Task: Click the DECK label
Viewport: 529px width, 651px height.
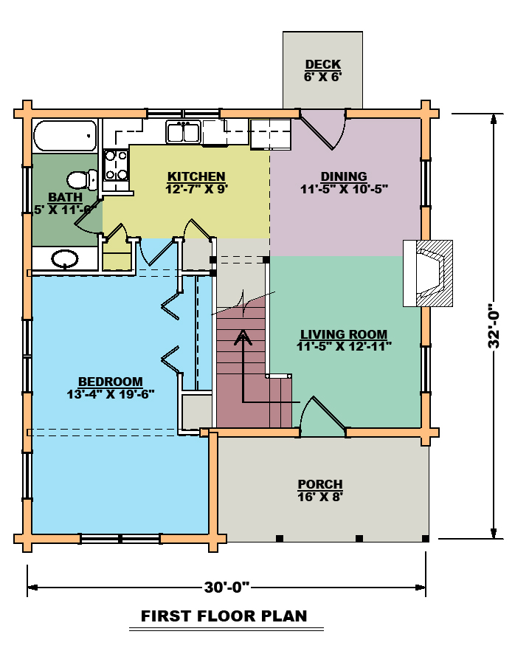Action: point(323,64)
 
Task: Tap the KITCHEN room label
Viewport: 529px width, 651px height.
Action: point(196,176)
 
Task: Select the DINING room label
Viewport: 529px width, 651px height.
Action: point(344,176)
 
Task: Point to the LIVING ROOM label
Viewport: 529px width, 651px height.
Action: point(344,334)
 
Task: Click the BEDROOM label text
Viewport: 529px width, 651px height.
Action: point(111,382)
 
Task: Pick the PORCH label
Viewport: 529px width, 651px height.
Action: point(320,484)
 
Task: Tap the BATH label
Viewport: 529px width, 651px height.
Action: point(65,197)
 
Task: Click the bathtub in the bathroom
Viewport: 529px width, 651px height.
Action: point(65,135)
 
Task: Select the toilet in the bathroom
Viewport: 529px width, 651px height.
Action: point(82,180)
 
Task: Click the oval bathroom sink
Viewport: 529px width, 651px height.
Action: point(65,259)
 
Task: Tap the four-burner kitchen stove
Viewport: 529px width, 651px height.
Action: point(116,165)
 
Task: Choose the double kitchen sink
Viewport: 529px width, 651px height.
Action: point(184,131)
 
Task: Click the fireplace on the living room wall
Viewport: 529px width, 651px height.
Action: point(428,273)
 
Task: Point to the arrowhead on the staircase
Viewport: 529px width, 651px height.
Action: point(243,337)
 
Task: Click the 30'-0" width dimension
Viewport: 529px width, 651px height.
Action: point(227,587)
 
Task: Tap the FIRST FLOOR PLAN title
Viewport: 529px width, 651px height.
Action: point(224,616)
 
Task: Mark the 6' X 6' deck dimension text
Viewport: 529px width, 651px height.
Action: point(323,77)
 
